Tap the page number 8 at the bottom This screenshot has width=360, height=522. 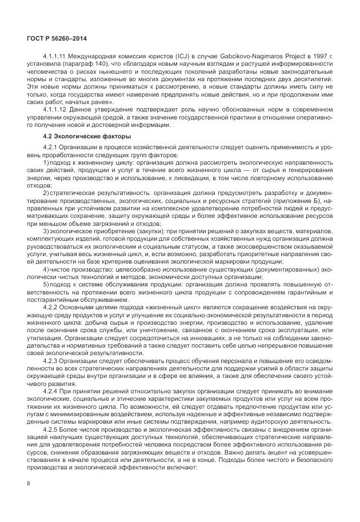click(x=28, y=483)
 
